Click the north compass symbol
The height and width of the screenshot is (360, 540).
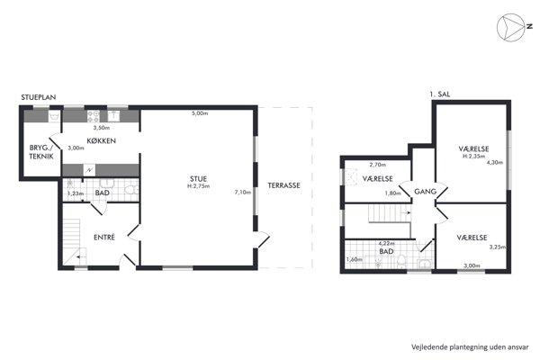coord(511,28)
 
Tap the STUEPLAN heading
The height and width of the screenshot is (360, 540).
coord(38,97)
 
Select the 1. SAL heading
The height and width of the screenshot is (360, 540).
coord(440,94)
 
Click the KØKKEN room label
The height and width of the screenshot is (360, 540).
coord(101,140)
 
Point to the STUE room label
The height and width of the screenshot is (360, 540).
coord(198,179)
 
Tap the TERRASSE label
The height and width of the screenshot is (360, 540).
coord(283,185)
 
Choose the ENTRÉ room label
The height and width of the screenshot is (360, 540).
coord(104,237)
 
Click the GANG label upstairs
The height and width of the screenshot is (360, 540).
coord(426,192)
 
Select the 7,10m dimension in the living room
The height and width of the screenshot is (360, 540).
coord(243,193)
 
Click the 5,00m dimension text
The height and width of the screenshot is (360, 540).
coord(200,113)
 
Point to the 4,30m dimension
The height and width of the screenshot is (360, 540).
coord(495,163)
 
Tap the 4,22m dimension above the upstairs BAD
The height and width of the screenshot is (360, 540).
coord(386,244)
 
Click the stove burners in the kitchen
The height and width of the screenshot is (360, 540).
coord(94,116)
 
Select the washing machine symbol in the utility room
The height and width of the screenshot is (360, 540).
coord(54,116)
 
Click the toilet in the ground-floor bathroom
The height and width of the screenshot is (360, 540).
coord(131,190)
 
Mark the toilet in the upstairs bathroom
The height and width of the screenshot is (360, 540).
coord(401,261)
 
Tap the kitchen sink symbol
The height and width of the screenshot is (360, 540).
coord(113,116)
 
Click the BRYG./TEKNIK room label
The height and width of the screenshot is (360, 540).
coord(41,152)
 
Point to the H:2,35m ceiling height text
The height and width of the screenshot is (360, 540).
coord(474,156)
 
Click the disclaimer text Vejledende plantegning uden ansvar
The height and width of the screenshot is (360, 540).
coord(470,346)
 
